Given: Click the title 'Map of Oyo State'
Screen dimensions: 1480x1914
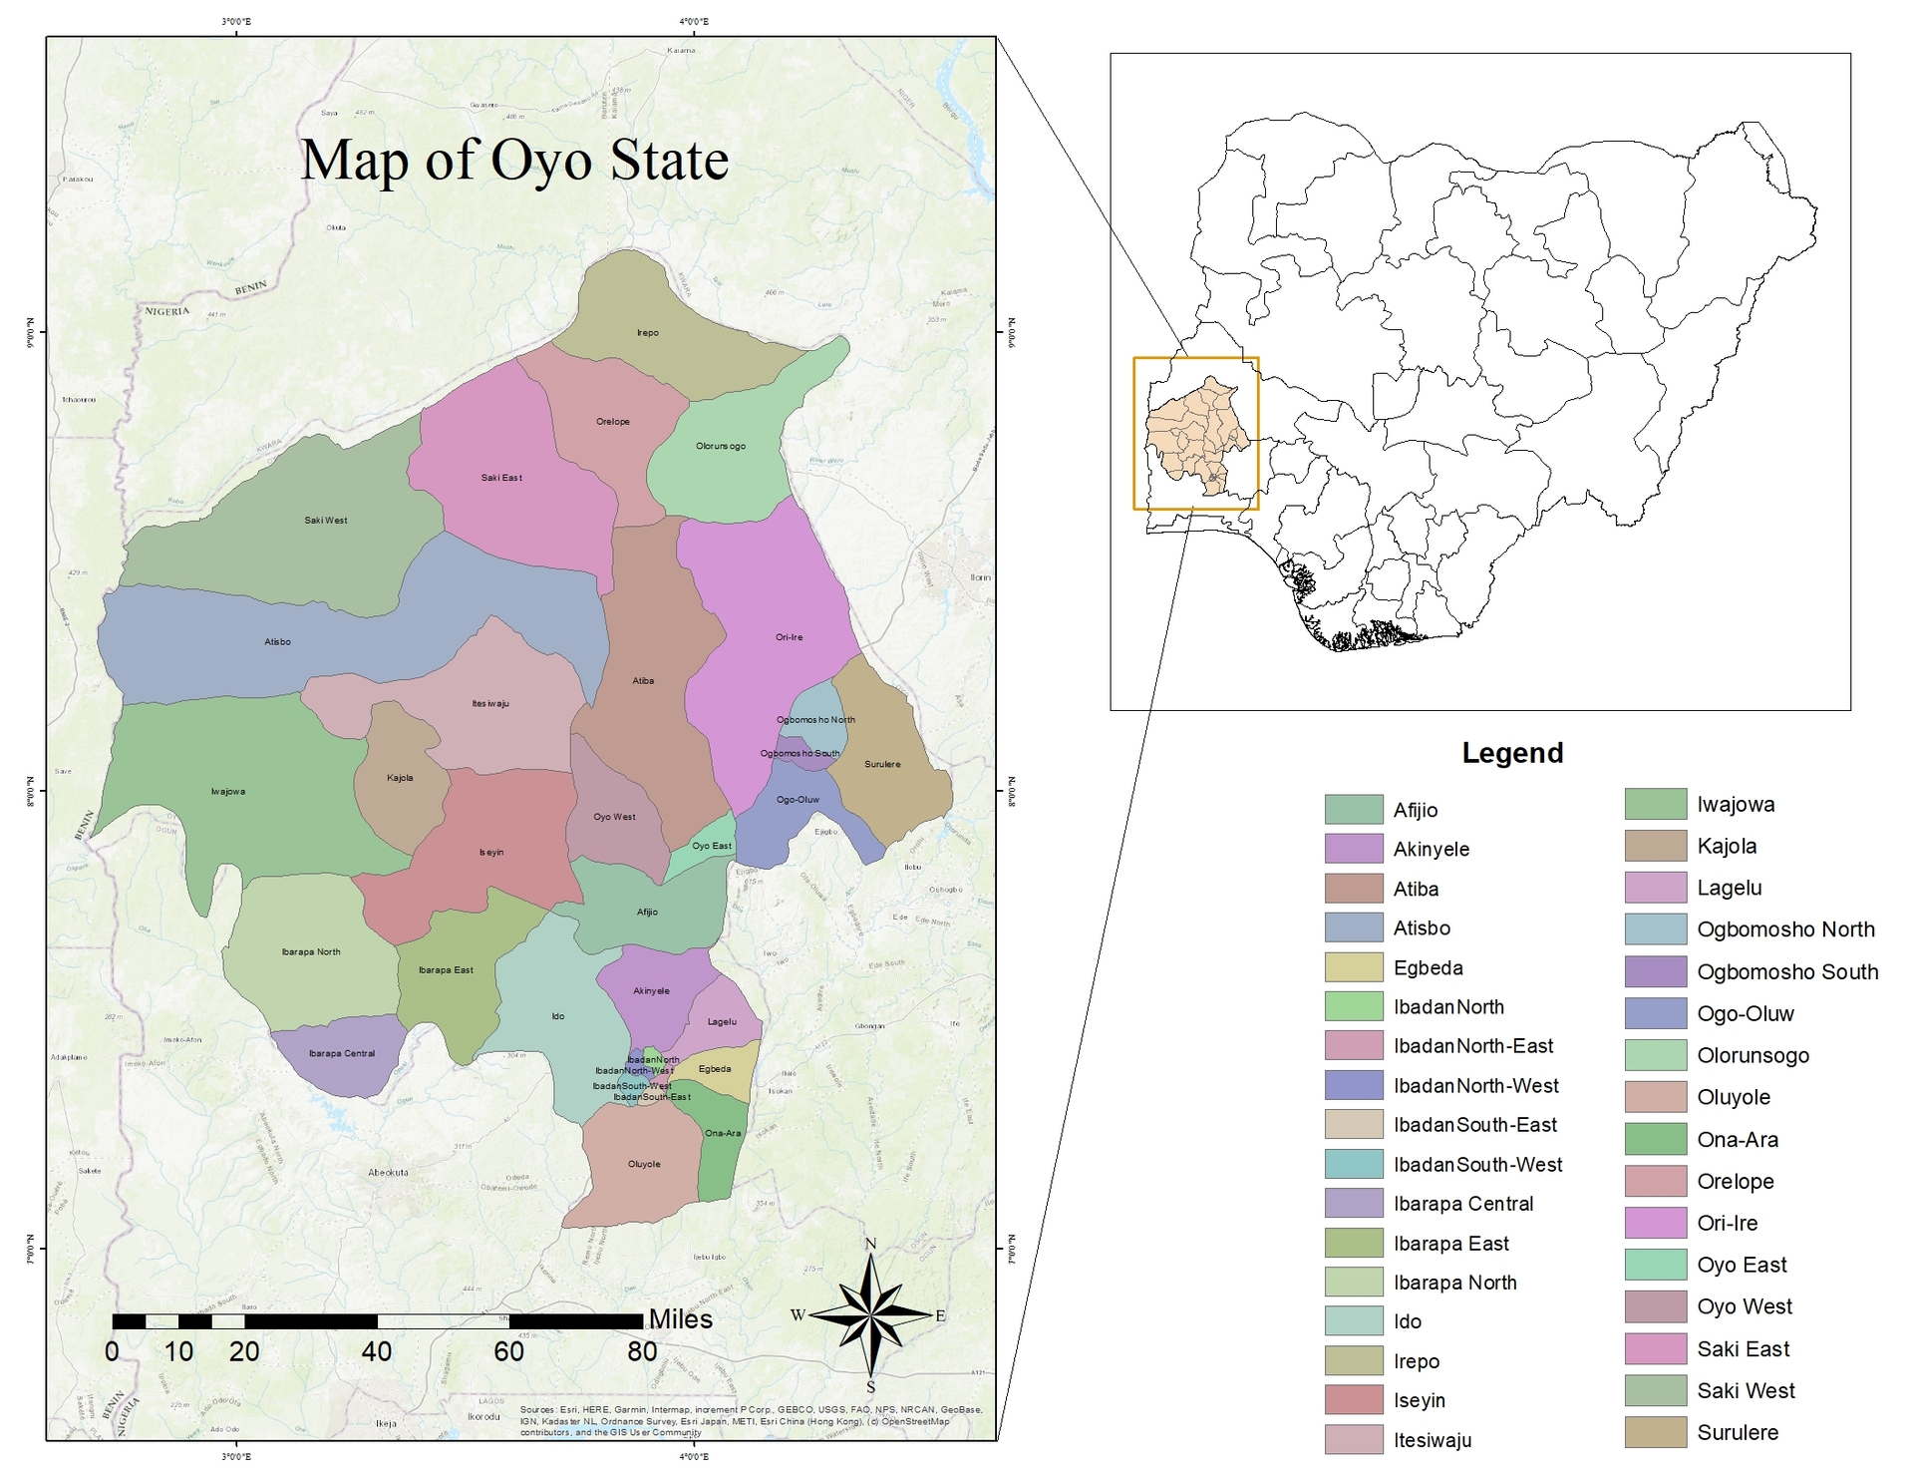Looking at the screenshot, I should click(x=514, y=161).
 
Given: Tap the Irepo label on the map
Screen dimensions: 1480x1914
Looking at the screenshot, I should click(x=648, y=333).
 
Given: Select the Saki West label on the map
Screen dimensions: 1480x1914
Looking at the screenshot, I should click(x=326, y=521).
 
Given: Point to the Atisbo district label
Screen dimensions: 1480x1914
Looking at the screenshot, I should click(x=278, y=642).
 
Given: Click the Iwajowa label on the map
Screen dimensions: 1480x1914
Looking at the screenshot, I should click(x=228, y=792).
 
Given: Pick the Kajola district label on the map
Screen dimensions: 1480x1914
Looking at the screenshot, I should click(x=400, y=778).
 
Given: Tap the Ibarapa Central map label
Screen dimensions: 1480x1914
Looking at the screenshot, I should click(x=342, y=1053).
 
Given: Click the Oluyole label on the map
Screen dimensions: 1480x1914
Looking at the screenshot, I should click(x=644, y=1164).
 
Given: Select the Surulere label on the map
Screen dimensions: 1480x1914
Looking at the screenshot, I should click(x=882, y=765).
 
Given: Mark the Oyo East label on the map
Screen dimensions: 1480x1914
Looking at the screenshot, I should click(x=712, y=846).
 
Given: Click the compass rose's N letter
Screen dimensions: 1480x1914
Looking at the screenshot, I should click(x=870, y=1244).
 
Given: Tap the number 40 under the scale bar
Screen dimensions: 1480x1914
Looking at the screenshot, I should click(x=377, y=1352).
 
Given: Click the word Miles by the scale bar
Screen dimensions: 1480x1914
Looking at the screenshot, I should click(x=681, y=1319).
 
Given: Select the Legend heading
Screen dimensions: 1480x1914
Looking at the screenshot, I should click(x=1512, y=753).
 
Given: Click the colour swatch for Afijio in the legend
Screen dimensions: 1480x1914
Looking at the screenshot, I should click(x=1354, y=810).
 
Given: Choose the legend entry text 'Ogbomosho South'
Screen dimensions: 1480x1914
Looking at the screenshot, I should click(x=1787, y=972).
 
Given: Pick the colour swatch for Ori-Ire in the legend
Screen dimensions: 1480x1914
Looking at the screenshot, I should click(x=1655, y=1223).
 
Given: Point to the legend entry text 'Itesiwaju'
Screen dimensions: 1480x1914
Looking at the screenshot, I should click(x=1433, y=1440).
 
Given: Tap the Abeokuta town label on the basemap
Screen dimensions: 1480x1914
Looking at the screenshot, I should click(x=388, y=1173).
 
